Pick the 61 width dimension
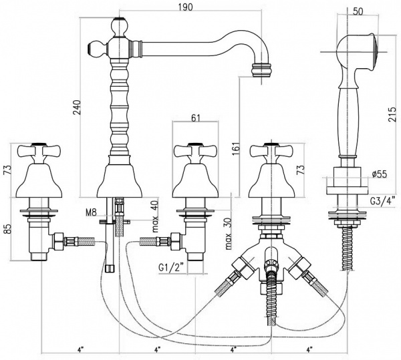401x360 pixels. pyautogui.click(x=196, y=119)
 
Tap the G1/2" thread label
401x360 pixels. pyautogui.click(x=170, y=268)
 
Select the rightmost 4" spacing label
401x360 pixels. pyautogui.click(x=310, y=349)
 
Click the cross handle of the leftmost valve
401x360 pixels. pyautogui.click(x=43, y=150)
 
